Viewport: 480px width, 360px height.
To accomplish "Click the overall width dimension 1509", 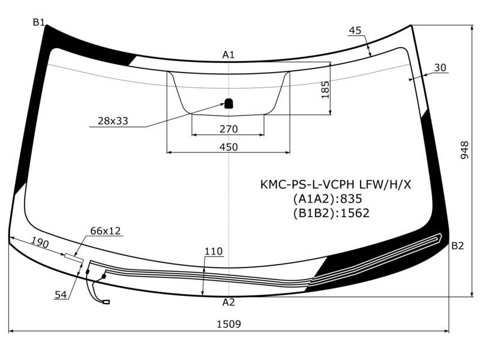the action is (x=229, y=323).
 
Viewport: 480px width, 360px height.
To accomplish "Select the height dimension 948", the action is (x=464, y=150).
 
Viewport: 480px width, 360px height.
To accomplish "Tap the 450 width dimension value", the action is (x=229, y=147).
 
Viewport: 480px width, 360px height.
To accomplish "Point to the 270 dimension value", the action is (x=229, y=129).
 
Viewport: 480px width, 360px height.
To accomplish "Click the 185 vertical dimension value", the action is (x=325, y=89).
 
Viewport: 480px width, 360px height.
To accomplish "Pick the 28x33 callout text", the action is (x=113, y=121).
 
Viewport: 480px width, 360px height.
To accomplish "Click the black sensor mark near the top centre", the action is (x=229, y=103).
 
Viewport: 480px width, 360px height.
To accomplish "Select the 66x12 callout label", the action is (x=106, y=231).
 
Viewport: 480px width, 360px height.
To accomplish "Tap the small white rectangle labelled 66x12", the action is (x=74, y=259).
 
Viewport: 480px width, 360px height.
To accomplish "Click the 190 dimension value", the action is (x=40, y=243).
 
